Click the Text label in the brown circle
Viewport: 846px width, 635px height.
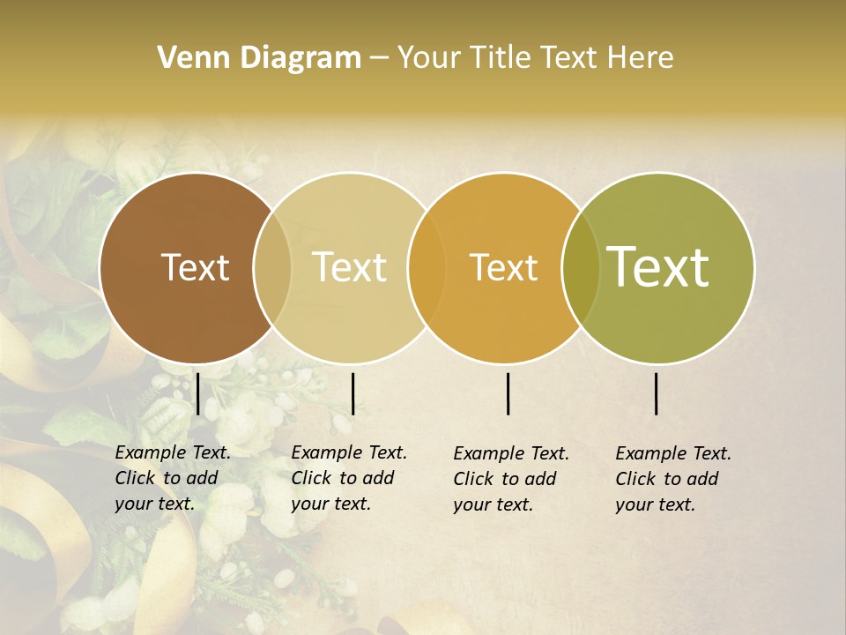195,267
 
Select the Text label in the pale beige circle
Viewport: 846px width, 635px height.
350,267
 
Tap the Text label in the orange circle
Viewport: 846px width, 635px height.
504,267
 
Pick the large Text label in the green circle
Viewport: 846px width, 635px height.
658,266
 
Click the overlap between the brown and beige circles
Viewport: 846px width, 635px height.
272,268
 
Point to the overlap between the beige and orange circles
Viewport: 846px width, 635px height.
427,268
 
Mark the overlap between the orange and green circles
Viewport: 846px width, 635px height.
581,268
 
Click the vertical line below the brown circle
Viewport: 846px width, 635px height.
198,393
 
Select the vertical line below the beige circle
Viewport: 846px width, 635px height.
352,393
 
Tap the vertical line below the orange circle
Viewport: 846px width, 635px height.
508,393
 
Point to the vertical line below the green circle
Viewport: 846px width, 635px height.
657,393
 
